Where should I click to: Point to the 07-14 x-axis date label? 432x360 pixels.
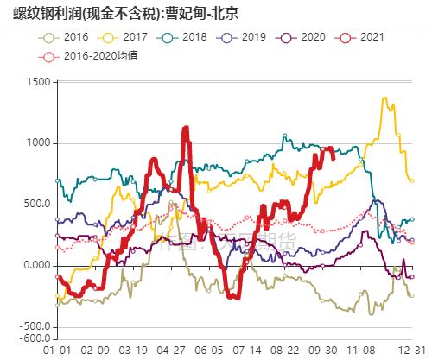point(246,351)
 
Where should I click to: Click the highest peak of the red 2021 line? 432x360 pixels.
point(186,129)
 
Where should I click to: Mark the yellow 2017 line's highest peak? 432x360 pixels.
point(383,98)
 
